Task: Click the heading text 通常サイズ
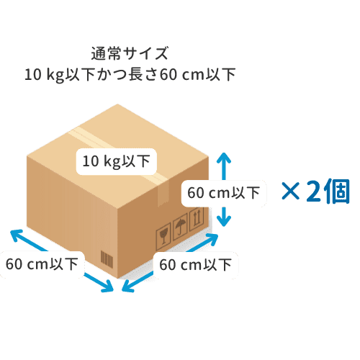[x=130, y=53]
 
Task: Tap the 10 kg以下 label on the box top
[x=117, y=161]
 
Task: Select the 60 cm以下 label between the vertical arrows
[x=224, y=193]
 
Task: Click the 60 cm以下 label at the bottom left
[x=42, y=264]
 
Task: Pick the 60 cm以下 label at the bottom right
[x=196, y=265]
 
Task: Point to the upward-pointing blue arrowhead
[x=224, y=158]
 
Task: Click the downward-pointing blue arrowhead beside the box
[x=224, y=221]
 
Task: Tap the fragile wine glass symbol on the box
[x=163, y=236]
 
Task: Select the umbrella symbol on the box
[x=180, y=227]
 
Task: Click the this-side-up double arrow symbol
[x=197, y=218]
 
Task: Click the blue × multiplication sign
[x=291, y=191]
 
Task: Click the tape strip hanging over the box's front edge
[x=163, y=193]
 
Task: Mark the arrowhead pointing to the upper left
[x=17, y=235]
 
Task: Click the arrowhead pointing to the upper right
[x=212, y=238]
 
